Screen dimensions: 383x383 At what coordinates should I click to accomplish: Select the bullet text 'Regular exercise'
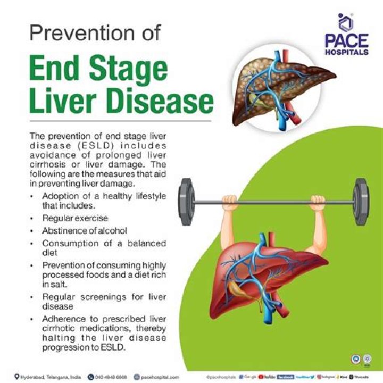75,218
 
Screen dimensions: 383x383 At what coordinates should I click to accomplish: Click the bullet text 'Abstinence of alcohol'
85,230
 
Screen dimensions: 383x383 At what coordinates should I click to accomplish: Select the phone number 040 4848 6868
111,377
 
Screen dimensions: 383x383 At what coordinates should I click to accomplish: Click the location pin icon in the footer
17,377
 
